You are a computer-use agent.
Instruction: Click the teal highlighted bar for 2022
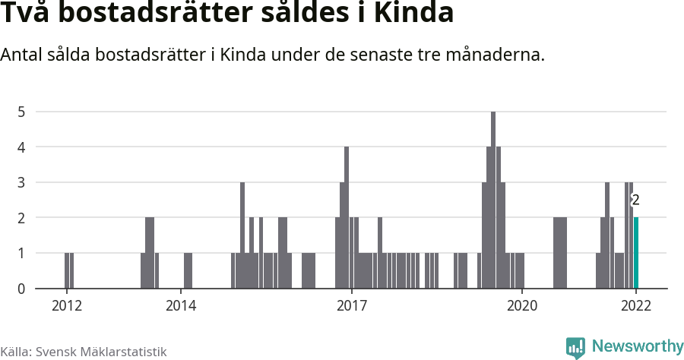(636, 253)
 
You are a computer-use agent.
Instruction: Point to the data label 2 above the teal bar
(635, 201)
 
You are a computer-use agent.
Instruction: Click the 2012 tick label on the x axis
(67, 305)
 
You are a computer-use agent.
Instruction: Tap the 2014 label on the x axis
(181, 305)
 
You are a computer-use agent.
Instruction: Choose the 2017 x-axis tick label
(352, 305)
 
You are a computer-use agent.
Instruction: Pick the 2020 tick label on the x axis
(522, 305)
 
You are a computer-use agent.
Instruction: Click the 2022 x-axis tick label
(636, 305)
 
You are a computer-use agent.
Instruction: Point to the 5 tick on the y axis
(22, 112)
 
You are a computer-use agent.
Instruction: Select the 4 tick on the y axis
(22, 147)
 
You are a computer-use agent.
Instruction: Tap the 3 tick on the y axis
(22, 182)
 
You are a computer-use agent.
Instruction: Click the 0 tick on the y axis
(22, 289)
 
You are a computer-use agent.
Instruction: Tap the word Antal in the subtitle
(22, 55)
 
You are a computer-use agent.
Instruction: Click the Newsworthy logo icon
(575, 347)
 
